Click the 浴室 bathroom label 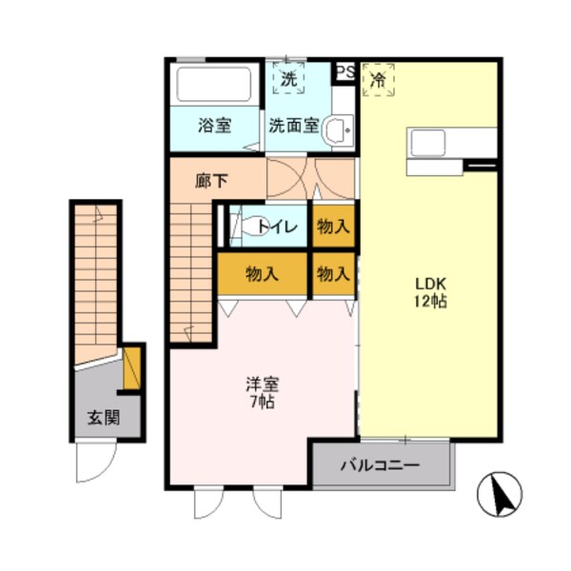click(214, 125)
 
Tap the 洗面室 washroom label click(292, 125)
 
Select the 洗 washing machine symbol click(288, 80)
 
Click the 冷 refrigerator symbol click(379, 80)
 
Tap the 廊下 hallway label click(210, 180)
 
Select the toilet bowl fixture click(249, 226)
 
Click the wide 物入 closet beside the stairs click(262, 274)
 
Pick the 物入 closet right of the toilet click(332, 226)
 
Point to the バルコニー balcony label click(380, 467)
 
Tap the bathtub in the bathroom click(214, 86)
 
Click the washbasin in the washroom click(337, 131)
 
